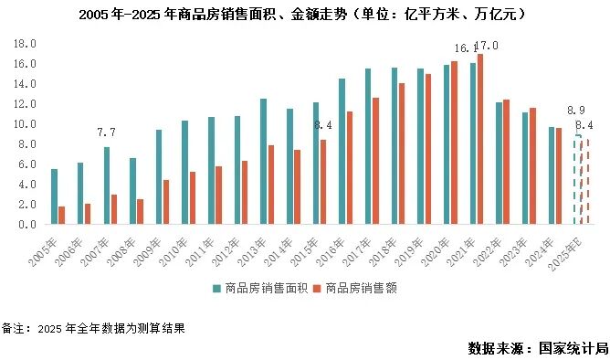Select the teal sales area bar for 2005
(x=54, y=196)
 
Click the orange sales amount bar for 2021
(x=480, y=139)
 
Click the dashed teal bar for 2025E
(x=577, y=180)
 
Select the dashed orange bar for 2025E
(x=585, y=182)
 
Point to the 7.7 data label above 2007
(x=106, y=132)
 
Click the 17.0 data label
(x=488, y=46)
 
